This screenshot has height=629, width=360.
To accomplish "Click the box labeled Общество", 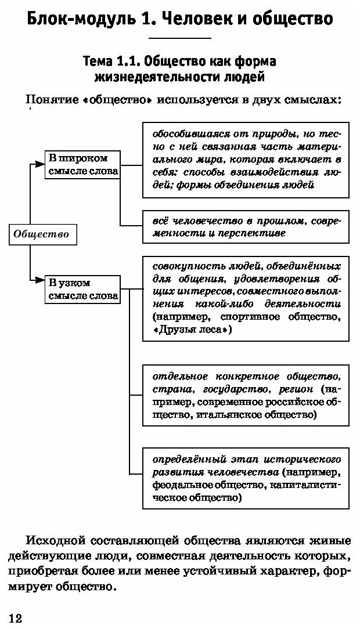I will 41,234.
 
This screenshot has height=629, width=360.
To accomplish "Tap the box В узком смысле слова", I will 82,289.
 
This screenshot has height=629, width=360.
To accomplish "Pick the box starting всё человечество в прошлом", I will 246,227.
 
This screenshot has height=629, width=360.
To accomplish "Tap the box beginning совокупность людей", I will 246,298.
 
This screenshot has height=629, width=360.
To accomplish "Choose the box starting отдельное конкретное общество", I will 246,394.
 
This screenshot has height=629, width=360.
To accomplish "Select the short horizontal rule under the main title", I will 179,38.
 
